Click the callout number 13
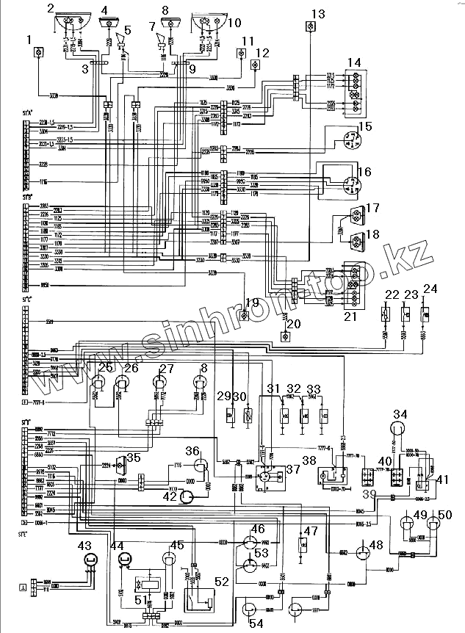[x=317, y=13]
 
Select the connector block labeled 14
[x=356, y=92]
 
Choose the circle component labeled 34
[x=399, y=428]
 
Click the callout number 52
[x=221, y=582]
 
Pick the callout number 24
[x=430, y=288]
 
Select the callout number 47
[x=311, y=531]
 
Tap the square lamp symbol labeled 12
[x=255, y=65]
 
